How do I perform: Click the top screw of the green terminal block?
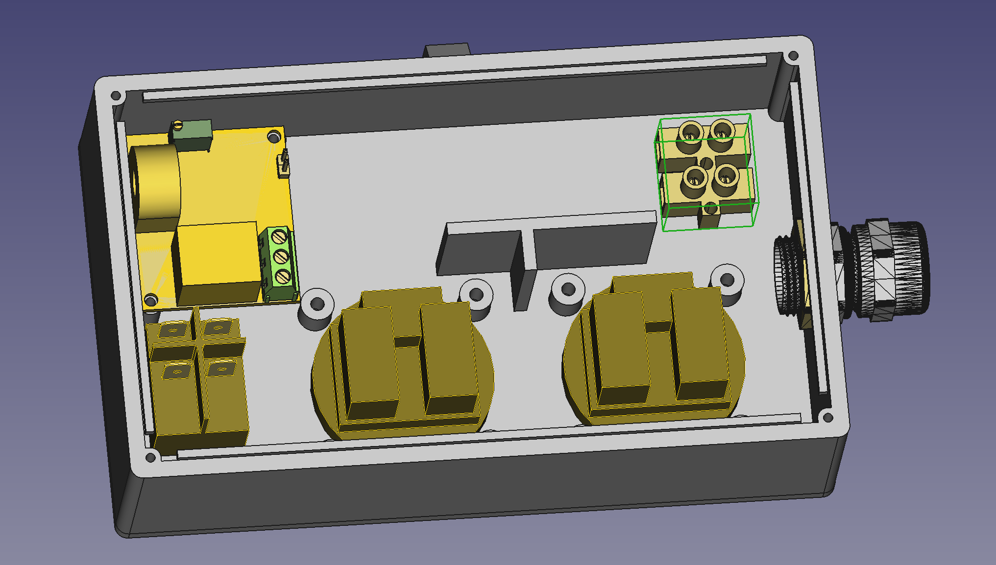click(279, 237)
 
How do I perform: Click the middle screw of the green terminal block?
click(281, 257)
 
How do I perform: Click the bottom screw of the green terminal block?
click(283, 277)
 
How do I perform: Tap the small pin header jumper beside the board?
click(284, 165)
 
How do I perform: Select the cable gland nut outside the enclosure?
click(892, 269)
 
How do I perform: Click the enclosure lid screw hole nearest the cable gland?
click(828, 418)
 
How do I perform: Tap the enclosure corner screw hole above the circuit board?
click(116, 95)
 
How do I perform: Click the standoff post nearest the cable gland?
click(727, 280)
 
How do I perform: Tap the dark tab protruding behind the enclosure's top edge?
click(446, 50)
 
